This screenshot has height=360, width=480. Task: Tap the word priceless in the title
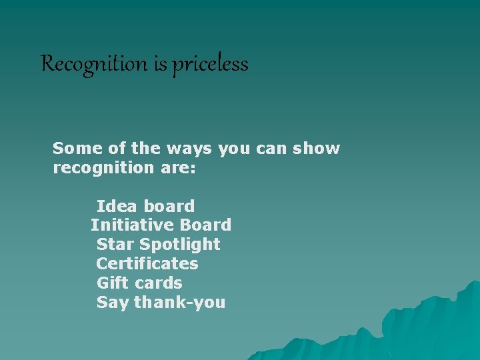point(211,65)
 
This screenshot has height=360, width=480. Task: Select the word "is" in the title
point(159,64)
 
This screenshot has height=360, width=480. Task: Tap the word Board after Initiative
point(205,225)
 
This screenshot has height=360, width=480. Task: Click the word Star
point(115,245)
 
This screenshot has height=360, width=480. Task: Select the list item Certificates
point(147,263)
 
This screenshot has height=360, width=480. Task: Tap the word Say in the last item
point(113,303)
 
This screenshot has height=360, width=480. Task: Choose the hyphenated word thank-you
point(180,303)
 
